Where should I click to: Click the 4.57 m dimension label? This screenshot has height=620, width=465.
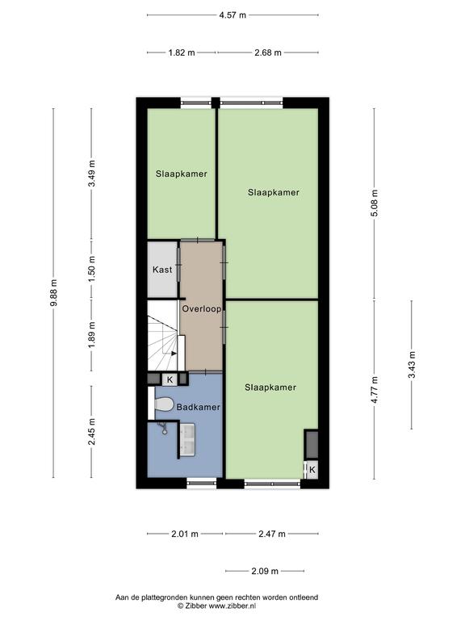[232, 15]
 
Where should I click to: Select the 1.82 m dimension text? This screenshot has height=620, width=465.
[182, 52]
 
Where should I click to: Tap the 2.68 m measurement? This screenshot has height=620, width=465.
[268, 52]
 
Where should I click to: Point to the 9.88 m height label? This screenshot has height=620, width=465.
[54, 292]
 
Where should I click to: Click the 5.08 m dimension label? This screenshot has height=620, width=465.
[375, 203]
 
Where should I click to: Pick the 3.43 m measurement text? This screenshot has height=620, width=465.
[412, 365]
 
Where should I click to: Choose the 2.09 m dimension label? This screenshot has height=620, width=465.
[265, 571]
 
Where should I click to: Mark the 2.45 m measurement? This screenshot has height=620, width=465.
[92, 431]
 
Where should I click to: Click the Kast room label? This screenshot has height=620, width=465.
[162, 270]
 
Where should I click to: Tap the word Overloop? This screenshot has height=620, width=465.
[201, 308]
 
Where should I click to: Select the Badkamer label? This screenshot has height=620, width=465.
[198, 407]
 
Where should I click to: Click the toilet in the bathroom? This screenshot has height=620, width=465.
[163, 404]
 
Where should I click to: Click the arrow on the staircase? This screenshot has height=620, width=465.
[174, 354]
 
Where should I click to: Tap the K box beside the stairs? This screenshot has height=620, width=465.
[170, 379]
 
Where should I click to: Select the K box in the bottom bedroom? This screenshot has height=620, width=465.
[312, 470]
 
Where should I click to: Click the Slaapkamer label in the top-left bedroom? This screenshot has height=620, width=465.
[181, 174]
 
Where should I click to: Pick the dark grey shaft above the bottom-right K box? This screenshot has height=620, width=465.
[312, 445]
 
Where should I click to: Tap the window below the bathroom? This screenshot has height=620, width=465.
[202, 482]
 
